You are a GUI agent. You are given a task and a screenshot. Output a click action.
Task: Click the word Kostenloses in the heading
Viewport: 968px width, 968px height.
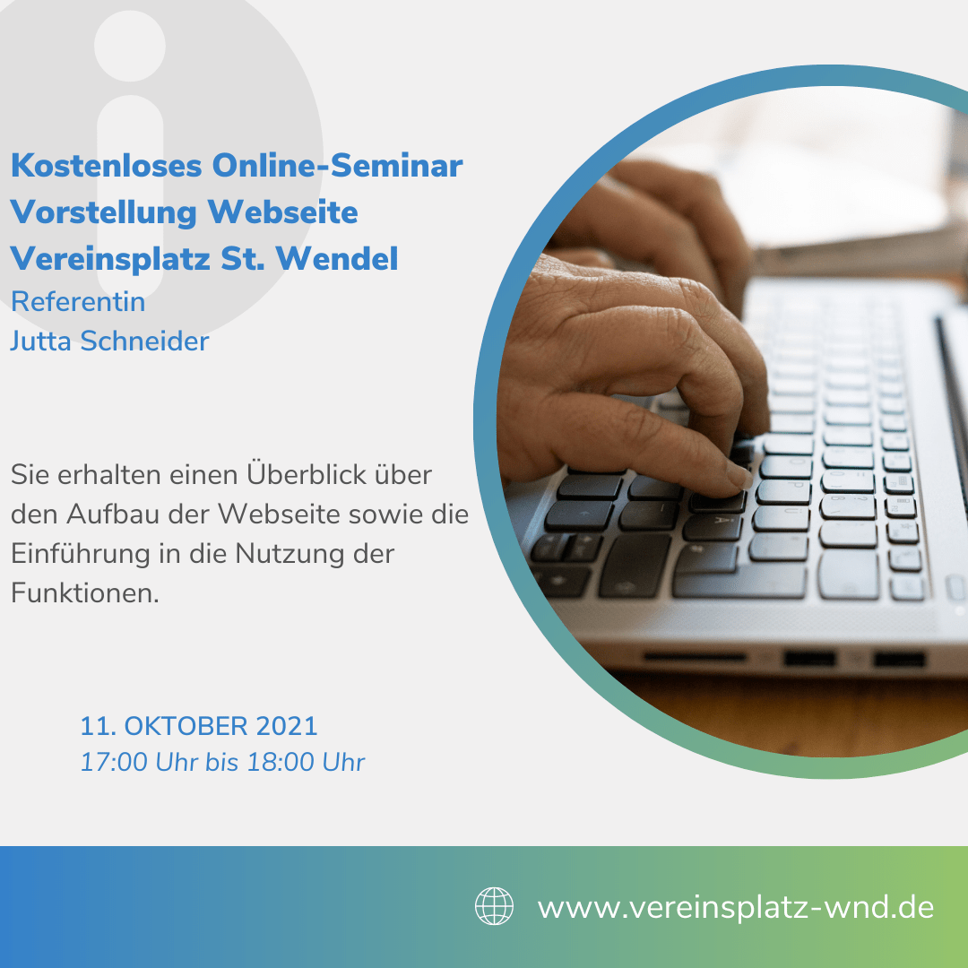pyautogui.click(x=107, y=166)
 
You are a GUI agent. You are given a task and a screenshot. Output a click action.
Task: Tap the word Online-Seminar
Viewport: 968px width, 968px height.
pyautogui.click(x=338, y=166)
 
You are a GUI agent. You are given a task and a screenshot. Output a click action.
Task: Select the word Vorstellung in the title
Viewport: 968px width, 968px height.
pyautogui.click(x=104, y=212)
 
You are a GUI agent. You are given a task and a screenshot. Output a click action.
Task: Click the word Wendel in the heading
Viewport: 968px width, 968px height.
pyautogui.click(x=336, y=258)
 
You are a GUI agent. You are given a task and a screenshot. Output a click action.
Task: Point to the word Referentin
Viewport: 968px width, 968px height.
pyautogui.click(x=78, y=302)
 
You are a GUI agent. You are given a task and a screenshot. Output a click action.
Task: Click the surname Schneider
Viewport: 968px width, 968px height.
pyautogui.click(x=144, y=341)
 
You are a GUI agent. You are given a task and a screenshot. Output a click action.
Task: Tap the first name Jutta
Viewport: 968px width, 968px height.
pyautogui.click(x=40, y=341)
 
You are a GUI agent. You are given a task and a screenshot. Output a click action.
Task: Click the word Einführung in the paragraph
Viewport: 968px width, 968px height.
pyautogui.click(x=81, y=553)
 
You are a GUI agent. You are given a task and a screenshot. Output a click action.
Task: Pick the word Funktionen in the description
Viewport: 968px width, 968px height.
pyautogui.click(x=84, y=592)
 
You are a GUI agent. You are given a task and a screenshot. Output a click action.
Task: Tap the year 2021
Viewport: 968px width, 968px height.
pyautogui.click(x=287, y=726)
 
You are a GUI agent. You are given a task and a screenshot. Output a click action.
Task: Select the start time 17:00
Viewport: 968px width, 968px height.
pyautogui.click(x=114, y=762)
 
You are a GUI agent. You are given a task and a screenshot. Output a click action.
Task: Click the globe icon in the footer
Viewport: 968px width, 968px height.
pyautogui.click(x=494, y=905)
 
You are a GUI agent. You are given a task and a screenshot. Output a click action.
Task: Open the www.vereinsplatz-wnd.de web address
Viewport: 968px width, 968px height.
pyautogui.click(x=736, y=907)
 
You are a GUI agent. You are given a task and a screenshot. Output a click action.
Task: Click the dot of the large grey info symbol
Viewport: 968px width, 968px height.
pyautogui.click(x=130, y=46)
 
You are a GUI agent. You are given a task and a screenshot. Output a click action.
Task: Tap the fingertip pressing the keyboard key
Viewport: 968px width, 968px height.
pyautogui.click(x=739, y=478)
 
